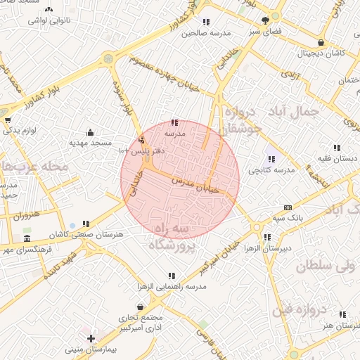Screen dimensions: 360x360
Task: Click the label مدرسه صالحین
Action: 206,32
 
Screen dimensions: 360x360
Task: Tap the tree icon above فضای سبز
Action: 265,20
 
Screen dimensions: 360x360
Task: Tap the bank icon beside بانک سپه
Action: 288,207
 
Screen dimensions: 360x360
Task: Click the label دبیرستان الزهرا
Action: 266,248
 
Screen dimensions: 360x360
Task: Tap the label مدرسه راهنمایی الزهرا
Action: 172,287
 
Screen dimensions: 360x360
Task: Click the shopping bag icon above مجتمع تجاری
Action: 141,307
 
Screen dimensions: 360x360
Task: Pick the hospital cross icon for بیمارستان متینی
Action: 91,339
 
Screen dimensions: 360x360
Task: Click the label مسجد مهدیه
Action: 89,143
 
